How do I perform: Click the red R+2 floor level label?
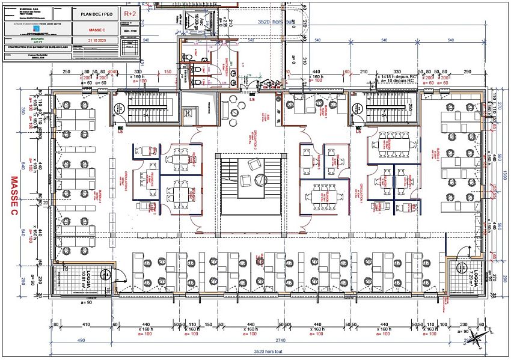point(130,13)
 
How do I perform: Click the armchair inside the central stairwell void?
point(254,164)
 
